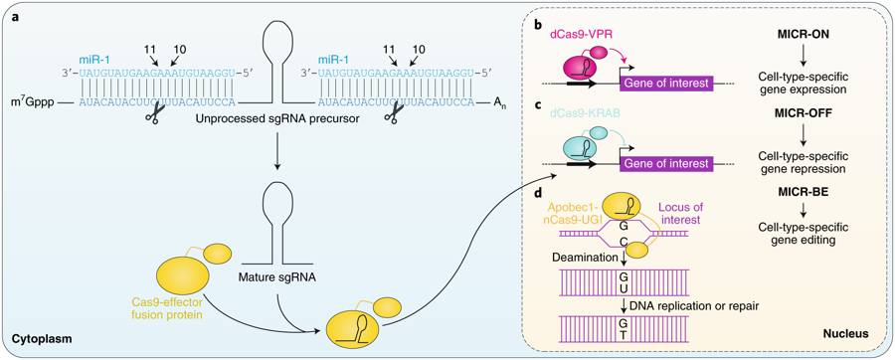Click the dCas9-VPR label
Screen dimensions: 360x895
[584, 34]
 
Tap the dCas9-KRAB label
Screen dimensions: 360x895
[586, 113]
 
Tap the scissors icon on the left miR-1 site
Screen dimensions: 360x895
[153, 116]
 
